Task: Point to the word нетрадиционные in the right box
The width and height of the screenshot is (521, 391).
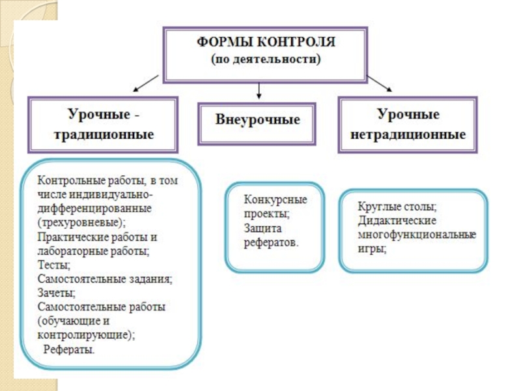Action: tap(408, 135)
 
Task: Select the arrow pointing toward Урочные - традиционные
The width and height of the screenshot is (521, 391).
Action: tap(145, 83)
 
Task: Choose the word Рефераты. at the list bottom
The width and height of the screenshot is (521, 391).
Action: tap(69, 350)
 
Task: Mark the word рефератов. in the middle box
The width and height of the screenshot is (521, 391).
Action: tap(272, 242)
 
